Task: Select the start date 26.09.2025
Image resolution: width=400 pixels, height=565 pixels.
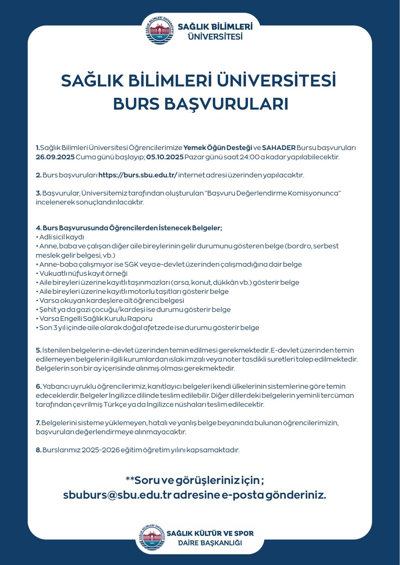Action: coord(55,157)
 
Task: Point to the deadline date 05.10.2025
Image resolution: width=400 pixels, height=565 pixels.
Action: coord(165,157)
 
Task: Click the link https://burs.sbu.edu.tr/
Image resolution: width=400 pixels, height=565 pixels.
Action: coord(138,175)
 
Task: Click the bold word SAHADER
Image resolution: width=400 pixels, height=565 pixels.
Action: coord(279,148)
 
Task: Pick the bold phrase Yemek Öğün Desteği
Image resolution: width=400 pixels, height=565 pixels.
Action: coord(218,148)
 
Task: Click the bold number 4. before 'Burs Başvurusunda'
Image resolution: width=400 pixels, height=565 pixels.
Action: coord(39,228)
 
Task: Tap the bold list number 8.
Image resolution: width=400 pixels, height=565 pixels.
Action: coord(39,450)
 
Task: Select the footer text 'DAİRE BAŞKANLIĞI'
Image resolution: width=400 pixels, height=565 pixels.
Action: coord(210,543)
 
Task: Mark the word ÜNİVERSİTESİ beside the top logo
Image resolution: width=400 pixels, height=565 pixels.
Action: coord(215,36)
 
